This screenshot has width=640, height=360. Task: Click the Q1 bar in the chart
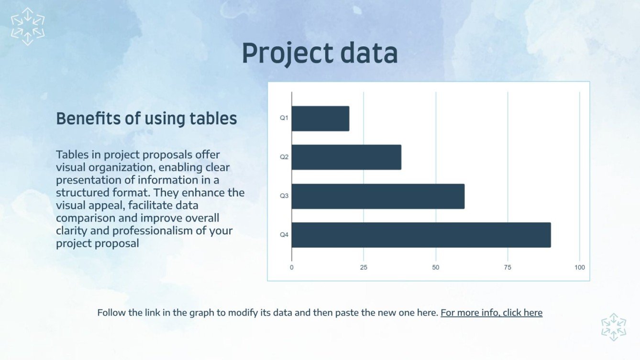point(320,119)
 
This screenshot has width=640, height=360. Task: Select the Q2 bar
point(346,157)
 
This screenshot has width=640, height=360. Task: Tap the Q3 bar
point(377,196)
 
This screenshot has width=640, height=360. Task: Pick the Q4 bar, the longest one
point(421,235)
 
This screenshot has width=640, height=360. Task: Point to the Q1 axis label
point(284,118)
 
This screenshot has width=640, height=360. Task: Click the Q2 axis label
point(284,157)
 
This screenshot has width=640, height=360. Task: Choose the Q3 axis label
point(284,196)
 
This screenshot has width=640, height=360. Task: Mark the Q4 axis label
point(284,235)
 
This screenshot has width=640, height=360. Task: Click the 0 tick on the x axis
point(292,267)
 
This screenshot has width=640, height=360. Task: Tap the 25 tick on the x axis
point(364,267)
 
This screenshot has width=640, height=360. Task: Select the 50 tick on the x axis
point(436,267)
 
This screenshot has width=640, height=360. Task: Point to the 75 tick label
point(508,267)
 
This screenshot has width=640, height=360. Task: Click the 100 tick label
point(580,267)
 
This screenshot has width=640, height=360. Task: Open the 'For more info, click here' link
point(491,313)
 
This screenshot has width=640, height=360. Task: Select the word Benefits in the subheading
point(88,119)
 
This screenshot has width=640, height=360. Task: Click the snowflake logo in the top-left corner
point(28,26)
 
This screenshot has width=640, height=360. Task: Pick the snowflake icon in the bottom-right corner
point(614,327)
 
